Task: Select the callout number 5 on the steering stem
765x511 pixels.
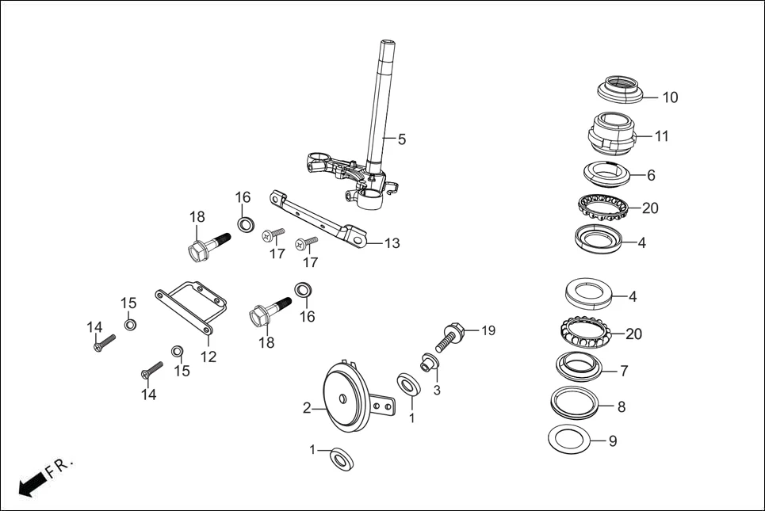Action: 402,139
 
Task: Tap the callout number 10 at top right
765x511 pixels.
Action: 670,97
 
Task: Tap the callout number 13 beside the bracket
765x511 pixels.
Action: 392,243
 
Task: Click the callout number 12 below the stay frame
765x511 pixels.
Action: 208,357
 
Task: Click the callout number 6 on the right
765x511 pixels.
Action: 651,175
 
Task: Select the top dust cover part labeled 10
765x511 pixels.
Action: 619,88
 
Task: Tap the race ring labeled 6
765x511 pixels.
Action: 606,171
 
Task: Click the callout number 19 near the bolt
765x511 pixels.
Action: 488,330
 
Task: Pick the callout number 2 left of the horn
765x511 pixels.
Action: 307,409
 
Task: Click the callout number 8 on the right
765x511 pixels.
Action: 621,406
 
